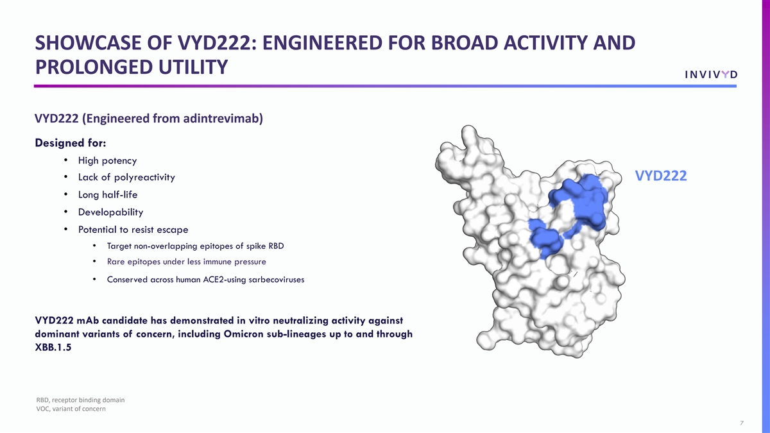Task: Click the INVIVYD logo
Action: point(711,74)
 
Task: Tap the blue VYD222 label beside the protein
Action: point(661,176)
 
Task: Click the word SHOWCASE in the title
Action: point(89,43)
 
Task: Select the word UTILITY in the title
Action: point(193,67)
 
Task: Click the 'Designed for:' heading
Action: point(71,142)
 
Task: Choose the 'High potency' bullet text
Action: point(107,160)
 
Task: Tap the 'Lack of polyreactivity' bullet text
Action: point(126,177)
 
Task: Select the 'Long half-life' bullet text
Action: point(108,194)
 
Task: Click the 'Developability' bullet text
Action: point(110,212)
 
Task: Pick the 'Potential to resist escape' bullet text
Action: point(133,230)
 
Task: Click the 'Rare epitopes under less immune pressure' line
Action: point(186,262)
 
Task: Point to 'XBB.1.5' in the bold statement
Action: point(53,347)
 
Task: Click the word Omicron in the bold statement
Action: point(244,334)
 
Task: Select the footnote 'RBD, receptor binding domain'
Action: point(80,400)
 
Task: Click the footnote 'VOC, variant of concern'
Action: point(71,409)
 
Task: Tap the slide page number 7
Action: point(742,423)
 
